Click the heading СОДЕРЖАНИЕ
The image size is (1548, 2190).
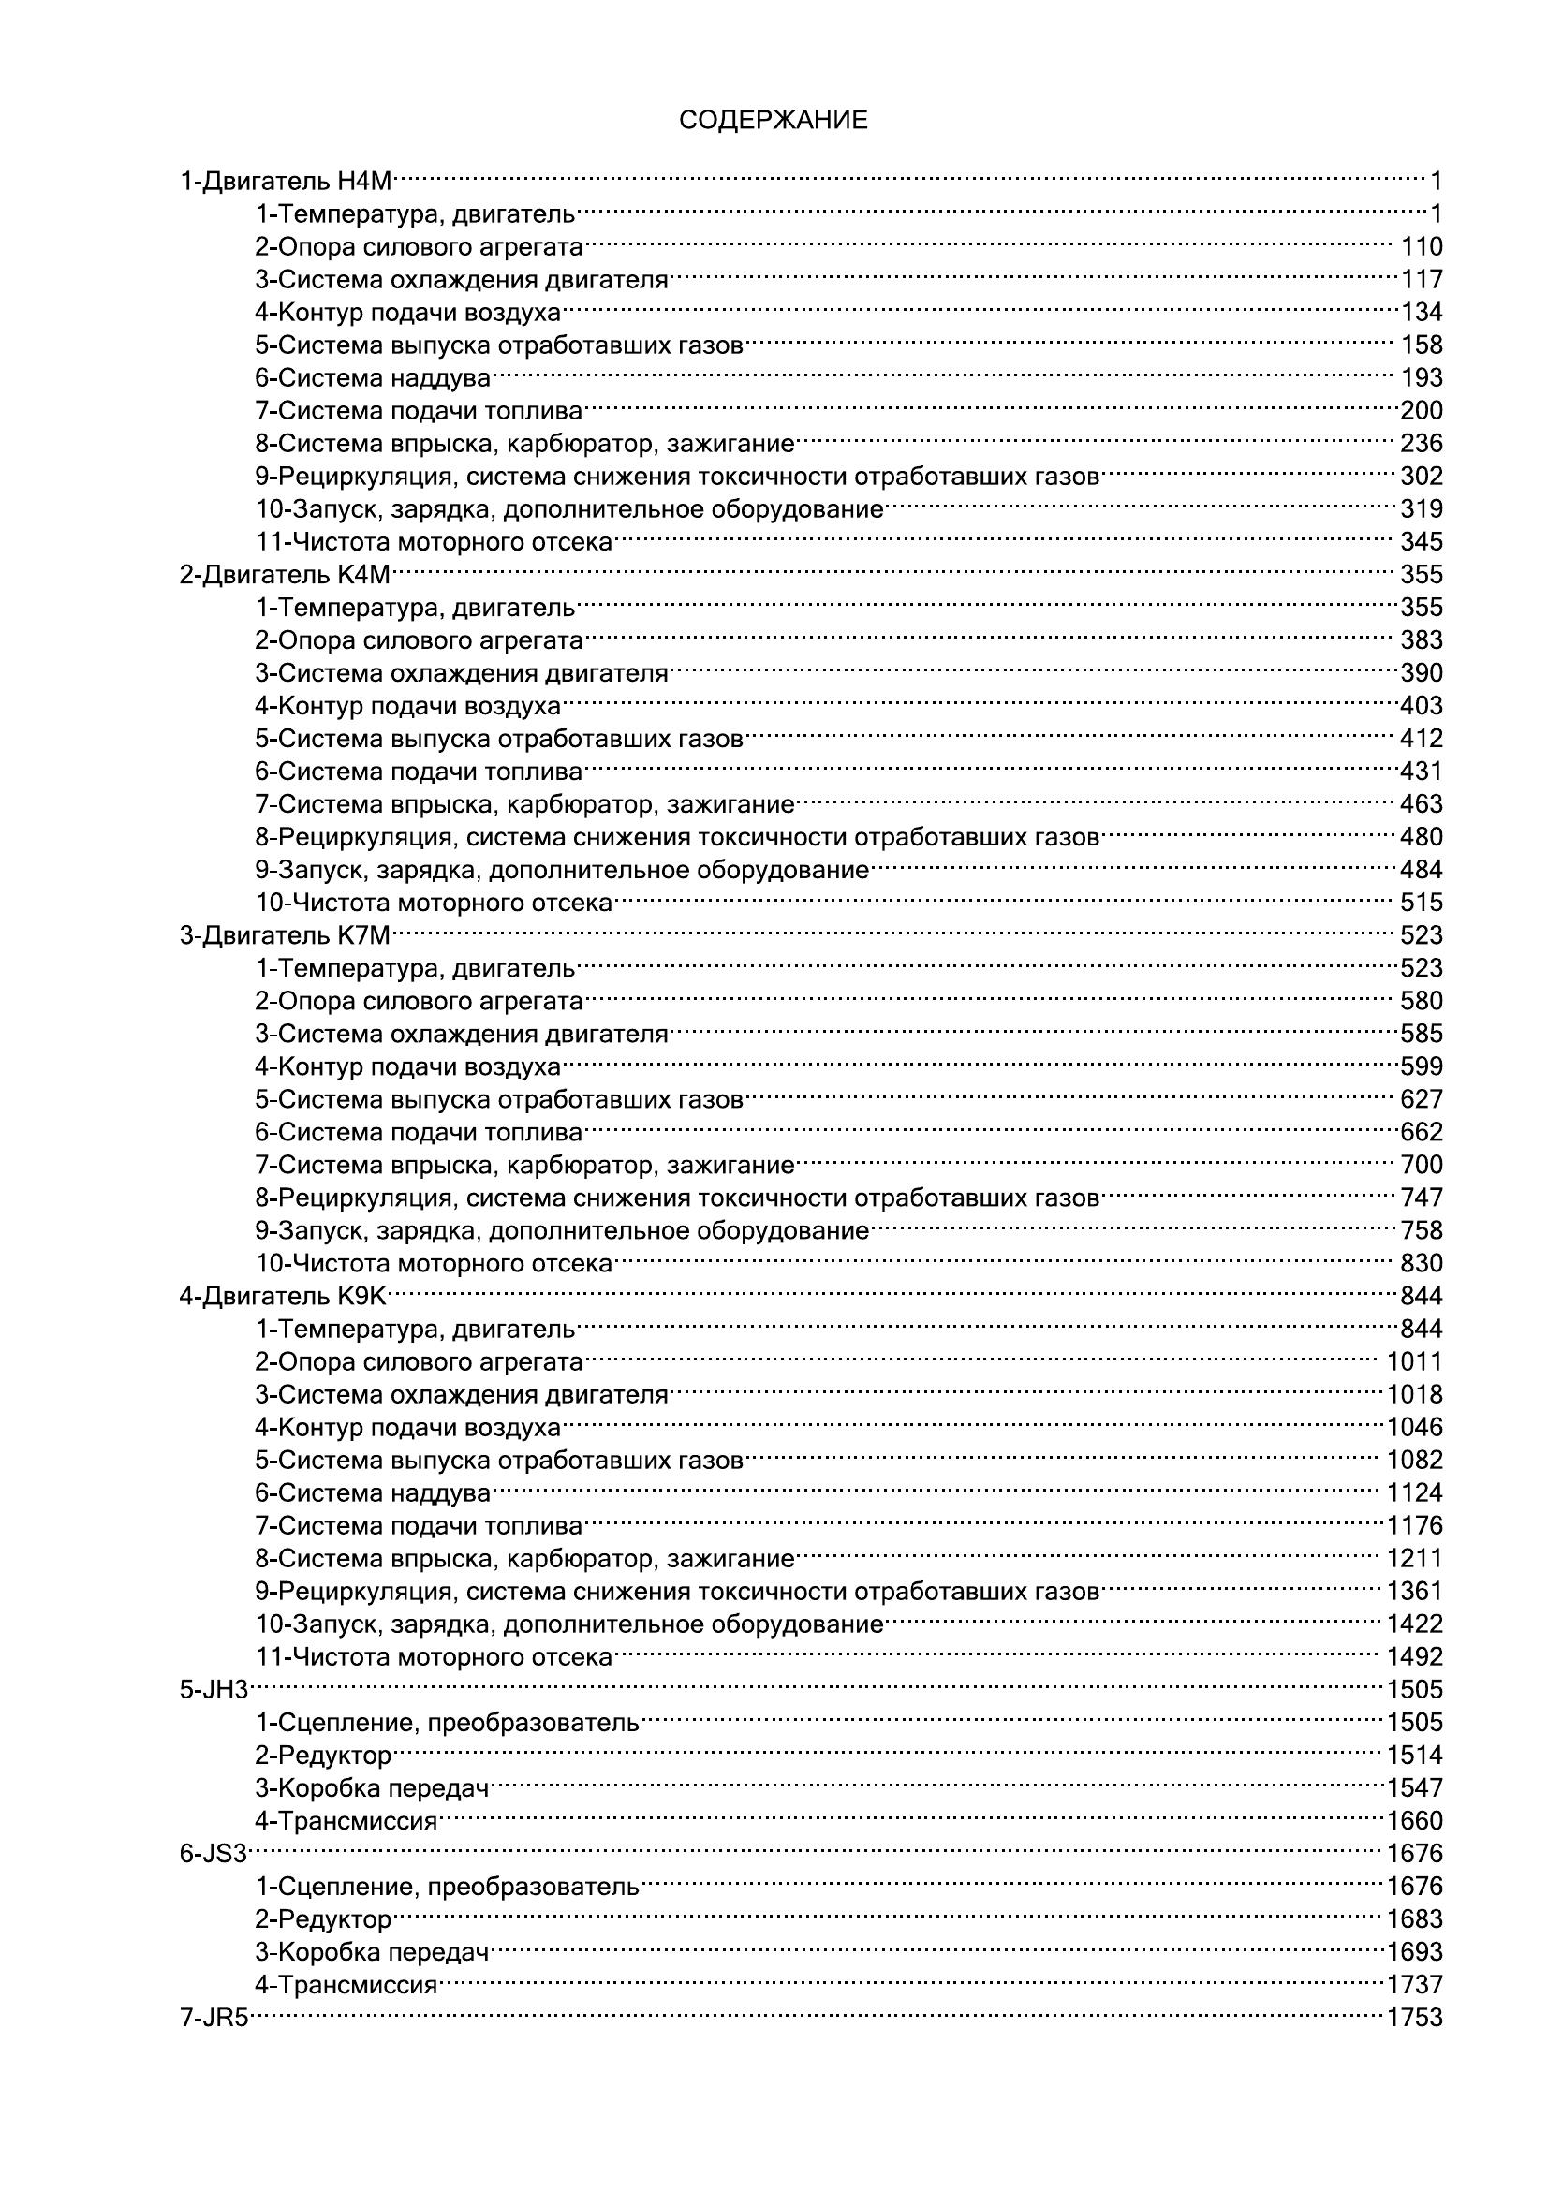point(774,120)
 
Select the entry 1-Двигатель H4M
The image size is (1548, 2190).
point(287,181)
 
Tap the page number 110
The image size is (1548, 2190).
point(1422,247)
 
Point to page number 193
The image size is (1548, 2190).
point(1422,377)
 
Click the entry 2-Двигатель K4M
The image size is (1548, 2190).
point(286,575)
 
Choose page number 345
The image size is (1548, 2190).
point(1422,542)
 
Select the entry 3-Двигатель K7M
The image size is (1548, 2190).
point(286,935)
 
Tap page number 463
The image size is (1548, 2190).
point(1422,804)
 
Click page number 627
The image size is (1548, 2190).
point(1422,1100)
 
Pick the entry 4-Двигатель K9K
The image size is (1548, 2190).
point(283,1296)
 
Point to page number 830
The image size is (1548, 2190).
point(1422,1264)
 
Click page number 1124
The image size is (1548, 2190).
point(1414,1492)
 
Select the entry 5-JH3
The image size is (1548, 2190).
point(214,1690)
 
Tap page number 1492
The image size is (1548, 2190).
point(1414,1657)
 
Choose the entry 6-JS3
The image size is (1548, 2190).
point(214,1854)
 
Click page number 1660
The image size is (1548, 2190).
point(1414,1821)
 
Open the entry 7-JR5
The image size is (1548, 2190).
point(214,2019)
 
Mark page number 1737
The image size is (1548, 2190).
point(1414,1985)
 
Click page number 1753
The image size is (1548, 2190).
point(1414,2019)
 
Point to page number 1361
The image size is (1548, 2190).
point(1414,1591)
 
